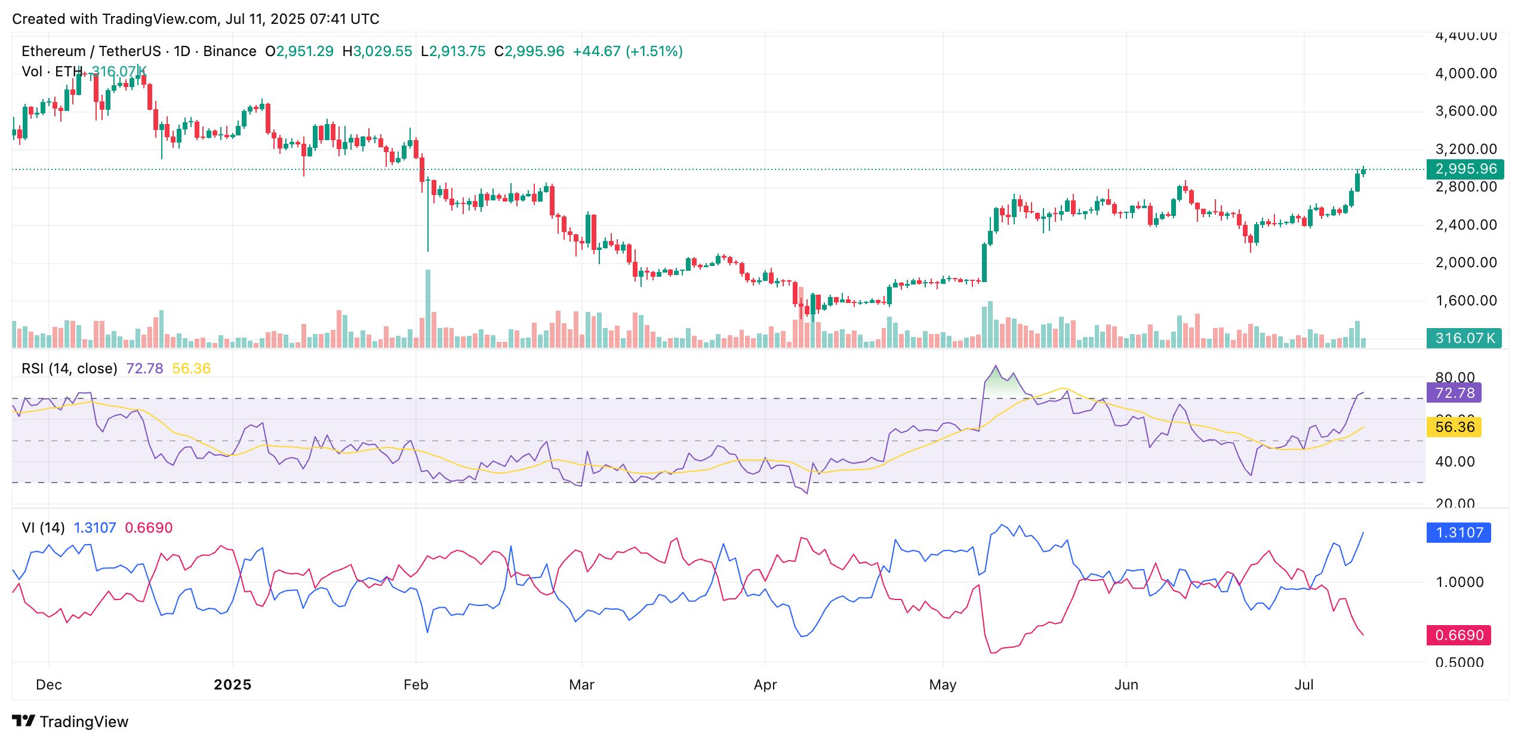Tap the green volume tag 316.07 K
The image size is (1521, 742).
pos(1464,338)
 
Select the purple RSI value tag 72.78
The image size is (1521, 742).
pos(1454,393)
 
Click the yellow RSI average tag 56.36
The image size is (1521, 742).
pos(1454,427)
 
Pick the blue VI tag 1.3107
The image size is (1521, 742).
pos(1458,533)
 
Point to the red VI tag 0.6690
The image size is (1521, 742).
pos(1458,635)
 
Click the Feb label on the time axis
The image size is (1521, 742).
pos(416,685)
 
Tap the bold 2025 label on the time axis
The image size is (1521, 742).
pos(233,685)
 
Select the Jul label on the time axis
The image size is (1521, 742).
pos(1304,685)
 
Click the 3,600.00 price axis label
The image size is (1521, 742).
pos(1465,111)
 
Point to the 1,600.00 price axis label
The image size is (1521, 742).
pos(1465,301)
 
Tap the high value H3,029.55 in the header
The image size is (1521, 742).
pos(377,51)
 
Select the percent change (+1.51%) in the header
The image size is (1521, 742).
pos(654,51)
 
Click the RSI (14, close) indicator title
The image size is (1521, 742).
pos(69,369)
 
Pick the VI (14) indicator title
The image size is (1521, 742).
pos(43,528)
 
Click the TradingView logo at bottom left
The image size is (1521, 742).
pos(70,722)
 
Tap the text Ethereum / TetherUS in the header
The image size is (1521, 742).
pos(91,51)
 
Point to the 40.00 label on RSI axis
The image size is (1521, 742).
pos(1455,462)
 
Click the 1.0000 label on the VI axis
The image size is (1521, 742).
pos(1459,582)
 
